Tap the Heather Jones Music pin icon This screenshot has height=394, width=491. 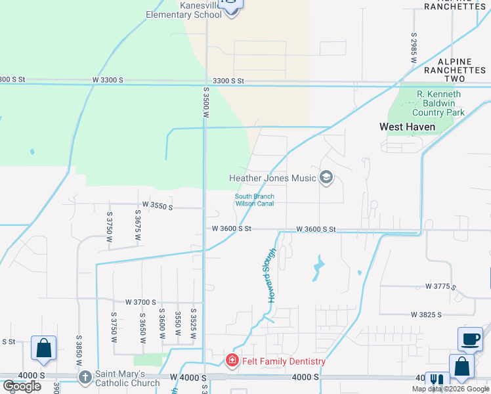pyautogui.click(x=326, y=177)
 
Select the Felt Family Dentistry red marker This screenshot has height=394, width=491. pyautogui.click(x=232, y=361)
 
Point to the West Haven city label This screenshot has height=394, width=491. pyautogui.click(x=407, y=127)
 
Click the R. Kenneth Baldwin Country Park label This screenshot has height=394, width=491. pyautogui.click(x=439, y=103)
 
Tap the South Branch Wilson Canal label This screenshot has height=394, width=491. pyautogui.click(x=255, y=200)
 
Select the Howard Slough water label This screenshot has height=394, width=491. pyautogui.click(x=271, y=276)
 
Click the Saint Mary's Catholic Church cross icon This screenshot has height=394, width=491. pyautogui.click(x=85, y=377)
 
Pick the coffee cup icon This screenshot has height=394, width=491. pyautogui.click(x=470, y=339)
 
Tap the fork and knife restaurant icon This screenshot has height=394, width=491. pyautogui.click(x=435, y=380)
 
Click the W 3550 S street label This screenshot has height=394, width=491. pyautogui.click(x=155, y=206)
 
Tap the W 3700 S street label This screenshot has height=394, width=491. pyautogui.click(x=140, y=302)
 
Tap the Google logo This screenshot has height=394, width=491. pyautogui.click(x=22, y=386)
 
